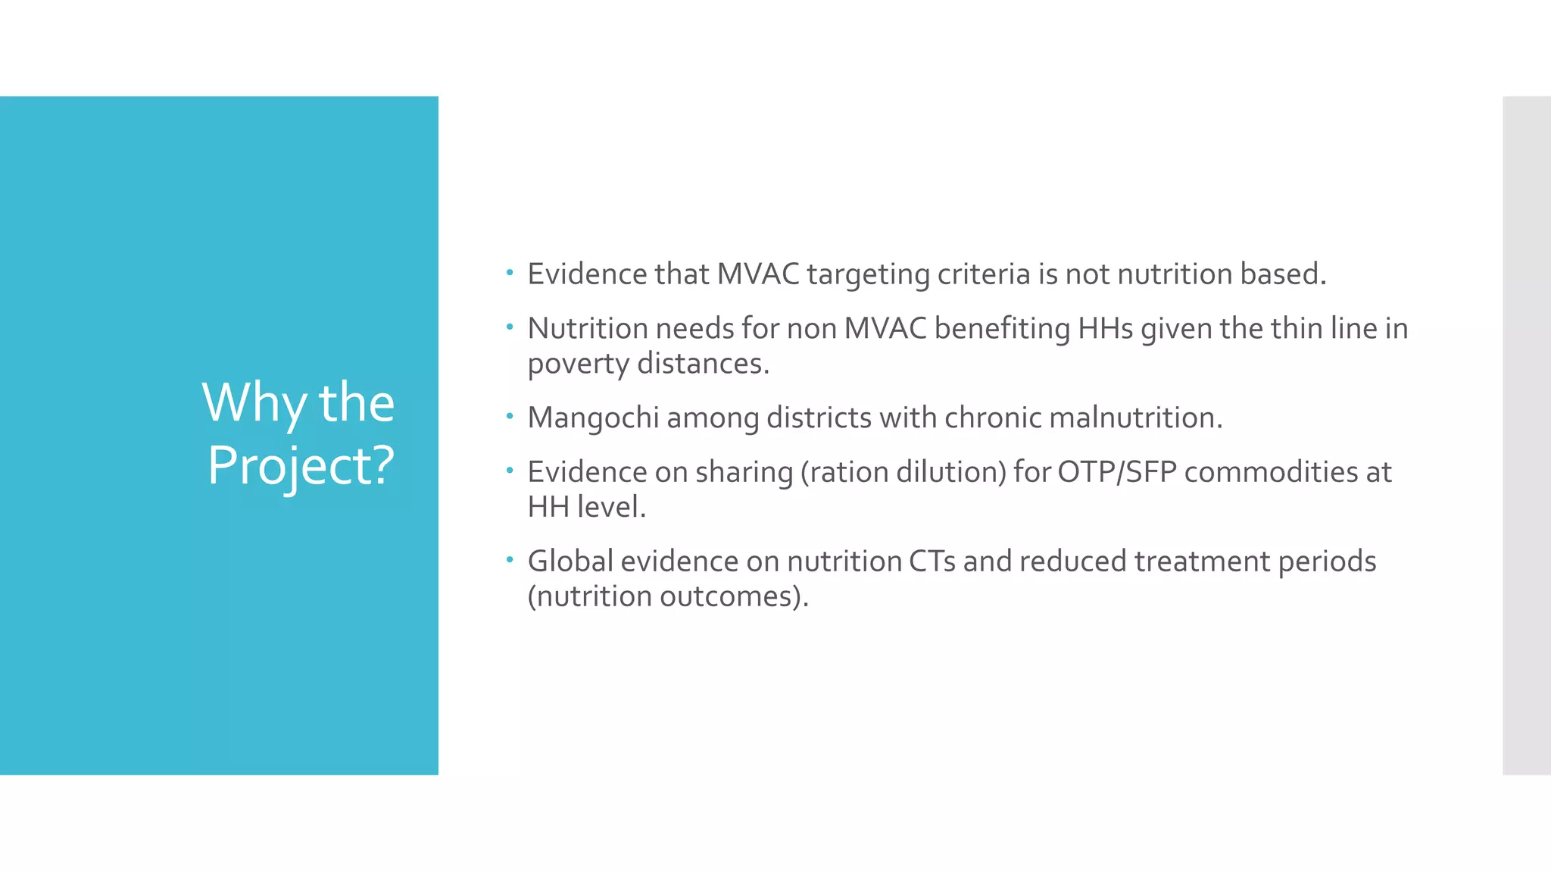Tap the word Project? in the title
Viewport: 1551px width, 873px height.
coord(301,465)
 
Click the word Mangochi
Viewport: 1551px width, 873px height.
coord(593,418)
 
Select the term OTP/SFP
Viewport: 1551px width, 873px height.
coord(1117,472)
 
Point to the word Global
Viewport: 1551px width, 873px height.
coord(570,562)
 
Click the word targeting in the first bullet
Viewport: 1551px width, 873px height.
coord(868,274)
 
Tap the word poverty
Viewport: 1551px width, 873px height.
coord(578,364)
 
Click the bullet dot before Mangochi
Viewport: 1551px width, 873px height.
coord(510,416)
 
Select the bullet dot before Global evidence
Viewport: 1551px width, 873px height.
coord(510,560)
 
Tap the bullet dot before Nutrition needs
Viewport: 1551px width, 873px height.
coord(510,327)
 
